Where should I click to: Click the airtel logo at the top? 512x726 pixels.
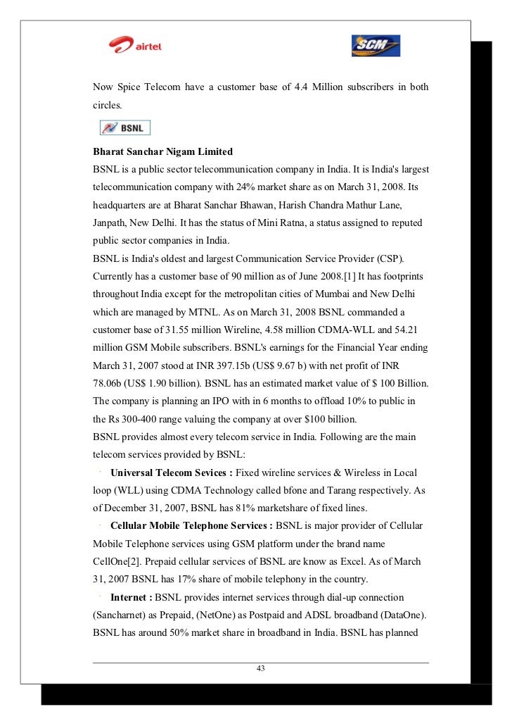136,46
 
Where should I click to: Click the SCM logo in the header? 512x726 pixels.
376,46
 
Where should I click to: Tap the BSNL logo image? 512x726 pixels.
125,128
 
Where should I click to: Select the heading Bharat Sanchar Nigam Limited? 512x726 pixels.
162,152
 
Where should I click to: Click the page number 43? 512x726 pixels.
260,668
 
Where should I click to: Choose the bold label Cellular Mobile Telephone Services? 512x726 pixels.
191,526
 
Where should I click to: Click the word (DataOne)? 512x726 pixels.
398,616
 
